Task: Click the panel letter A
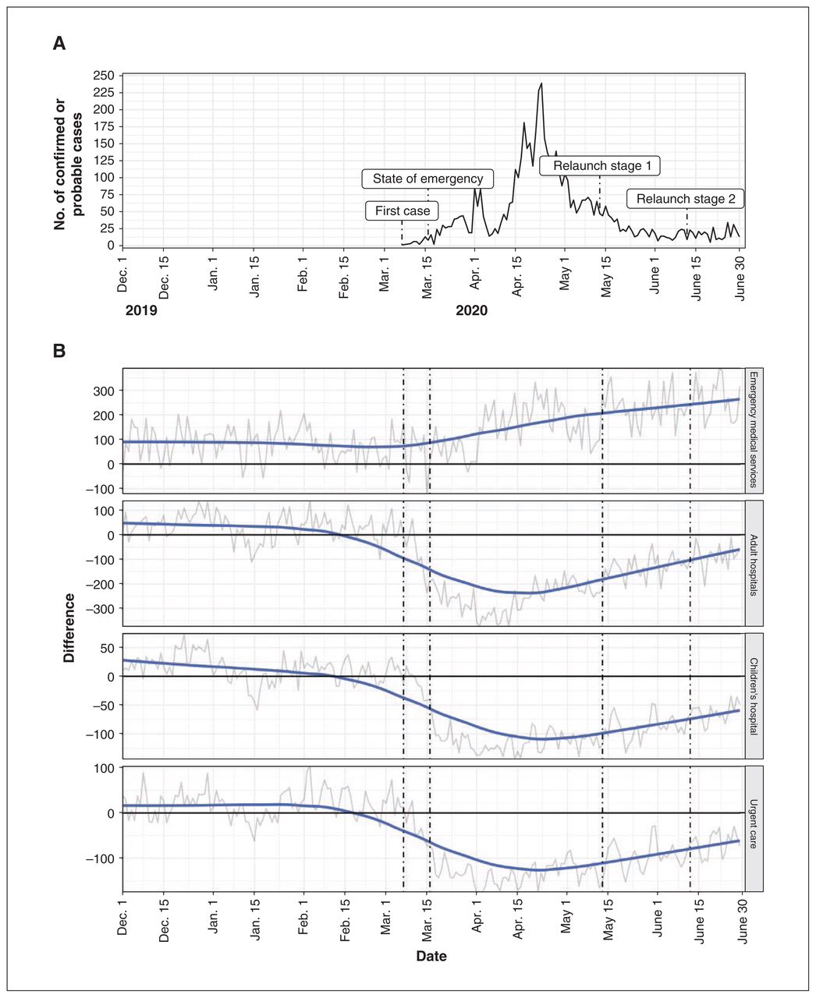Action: (x=59, y=44)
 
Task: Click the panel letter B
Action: (x=59, y=351)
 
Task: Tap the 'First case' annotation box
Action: (x=402, y=211)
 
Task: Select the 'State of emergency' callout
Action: (x=428, y=179)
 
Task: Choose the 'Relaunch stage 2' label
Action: (x=685, y=199)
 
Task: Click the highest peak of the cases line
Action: (x=541, y=83)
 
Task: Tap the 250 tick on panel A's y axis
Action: (x=104, y=76)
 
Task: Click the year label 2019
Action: (x=141, y=311)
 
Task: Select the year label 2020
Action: (x=471, y=311)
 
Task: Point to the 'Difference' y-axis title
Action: (x=69, y=628)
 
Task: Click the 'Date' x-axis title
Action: (x=431, y=956)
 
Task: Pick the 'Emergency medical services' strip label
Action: (x=753, y=430)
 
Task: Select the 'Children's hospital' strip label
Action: (x=753, y=696)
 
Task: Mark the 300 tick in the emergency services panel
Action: (x=104, y=391)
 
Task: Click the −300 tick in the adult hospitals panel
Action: (x=101, y=609)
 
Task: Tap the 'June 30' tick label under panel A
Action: (x=740, y=278)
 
